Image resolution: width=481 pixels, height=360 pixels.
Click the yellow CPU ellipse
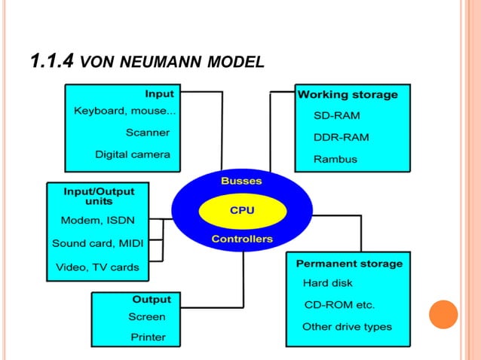click(241, 210)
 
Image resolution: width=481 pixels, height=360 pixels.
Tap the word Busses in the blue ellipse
click(241, 182)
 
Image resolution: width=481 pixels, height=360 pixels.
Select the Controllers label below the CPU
click(241, 239)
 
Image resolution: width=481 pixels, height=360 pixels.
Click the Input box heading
click(159, 93)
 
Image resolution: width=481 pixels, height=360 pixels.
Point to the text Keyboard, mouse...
click(125, 111)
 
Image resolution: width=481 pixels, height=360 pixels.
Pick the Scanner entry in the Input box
click(147, 133)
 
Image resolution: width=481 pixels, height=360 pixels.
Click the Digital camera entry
click(132, 154)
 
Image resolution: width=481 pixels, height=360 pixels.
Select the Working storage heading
click(348, 95)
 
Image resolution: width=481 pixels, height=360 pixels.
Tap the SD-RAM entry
click(336, 116)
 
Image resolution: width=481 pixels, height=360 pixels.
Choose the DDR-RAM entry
click(340, 138)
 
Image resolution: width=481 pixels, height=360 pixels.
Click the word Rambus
click(335, 160)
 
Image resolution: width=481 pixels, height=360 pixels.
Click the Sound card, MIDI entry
click(97, 243)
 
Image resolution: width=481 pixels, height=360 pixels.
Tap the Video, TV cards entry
click(97, 267)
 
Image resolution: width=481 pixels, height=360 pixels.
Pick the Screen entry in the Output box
click(146, 317)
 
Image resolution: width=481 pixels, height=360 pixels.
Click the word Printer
click(148, 337)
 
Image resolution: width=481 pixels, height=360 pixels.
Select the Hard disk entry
click(327, 283)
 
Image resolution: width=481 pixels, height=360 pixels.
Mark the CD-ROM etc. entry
click(339, 305)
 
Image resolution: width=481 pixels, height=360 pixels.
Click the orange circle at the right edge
click(443, 314)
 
